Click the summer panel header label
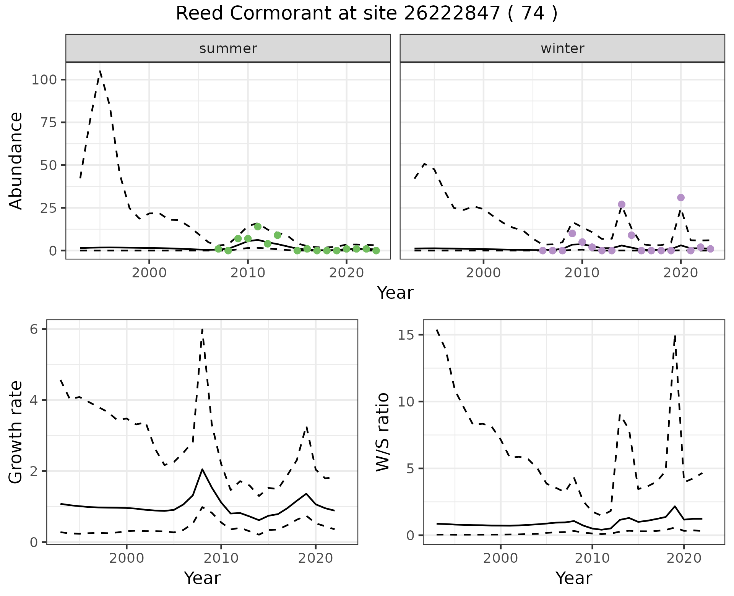tap(228, 49)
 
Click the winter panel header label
tap(562, 49)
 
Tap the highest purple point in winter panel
tap(680, 198)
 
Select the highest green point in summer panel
tap(258, 227)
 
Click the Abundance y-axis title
tap(16, 160)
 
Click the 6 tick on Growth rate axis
tap(37, 329)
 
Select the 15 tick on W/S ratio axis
tap(409, 335)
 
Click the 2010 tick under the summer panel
tap(248, 273)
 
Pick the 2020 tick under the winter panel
tap(680, 273)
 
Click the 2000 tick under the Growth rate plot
tap(127, 558)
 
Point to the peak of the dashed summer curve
tap(100, 71)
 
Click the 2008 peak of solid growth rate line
tap(202, 469)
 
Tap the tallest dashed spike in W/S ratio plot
tap(676, 335)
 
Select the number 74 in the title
tap(533, 14)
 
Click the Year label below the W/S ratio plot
tap(573, 578)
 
